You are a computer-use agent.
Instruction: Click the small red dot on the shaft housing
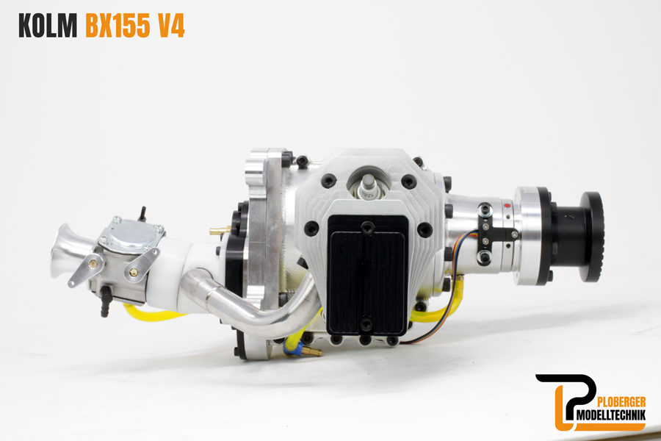[x=507, y=206]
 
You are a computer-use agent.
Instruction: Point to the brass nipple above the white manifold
[x=217, y=231]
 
